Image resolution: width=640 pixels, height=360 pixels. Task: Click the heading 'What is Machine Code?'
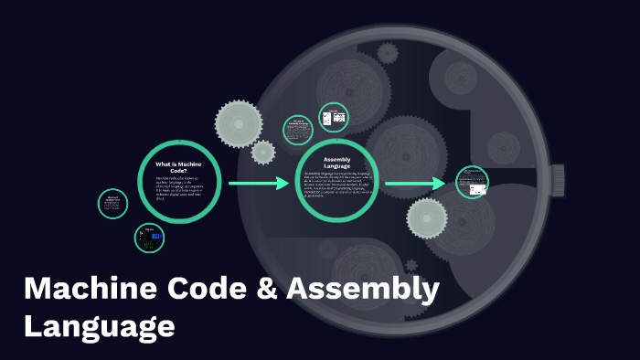coord(179,166)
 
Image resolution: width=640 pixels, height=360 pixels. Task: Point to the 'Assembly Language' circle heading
coord(338,162)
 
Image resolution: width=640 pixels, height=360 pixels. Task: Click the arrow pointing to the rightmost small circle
coord(416,185)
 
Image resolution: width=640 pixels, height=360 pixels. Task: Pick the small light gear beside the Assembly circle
coord(263,152)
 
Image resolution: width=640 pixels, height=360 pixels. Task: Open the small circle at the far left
coord(112,203)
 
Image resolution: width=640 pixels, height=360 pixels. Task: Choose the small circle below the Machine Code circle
coord(149,239)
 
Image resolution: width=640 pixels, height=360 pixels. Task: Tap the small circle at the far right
coord(472,181)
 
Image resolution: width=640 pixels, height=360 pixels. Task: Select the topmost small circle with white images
coord(333,118)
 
